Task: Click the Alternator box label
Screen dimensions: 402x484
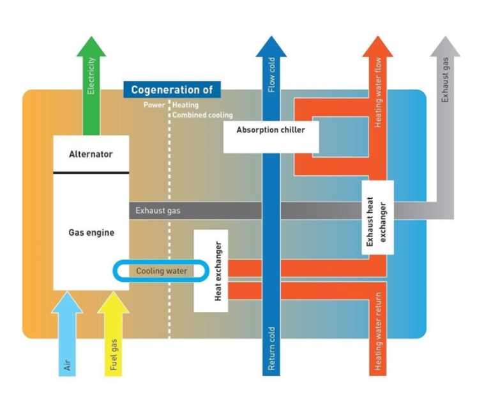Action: pos(91,154)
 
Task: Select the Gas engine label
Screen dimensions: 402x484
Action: pos(91,233)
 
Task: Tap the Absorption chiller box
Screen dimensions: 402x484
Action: pos(271,130)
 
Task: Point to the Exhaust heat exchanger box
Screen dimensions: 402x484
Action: pos(377,218)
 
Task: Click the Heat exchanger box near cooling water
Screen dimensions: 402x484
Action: pos(210,272)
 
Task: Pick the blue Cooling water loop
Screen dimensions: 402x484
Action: pos(162,271)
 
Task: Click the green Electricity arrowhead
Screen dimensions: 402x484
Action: pos(91,45)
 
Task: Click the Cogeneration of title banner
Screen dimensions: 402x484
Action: pos(172,90)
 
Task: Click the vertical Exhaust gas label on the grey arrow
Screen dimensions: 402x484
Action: pos(445,80)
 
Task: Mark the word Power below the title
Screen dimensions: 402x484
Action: pos(153,105)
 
